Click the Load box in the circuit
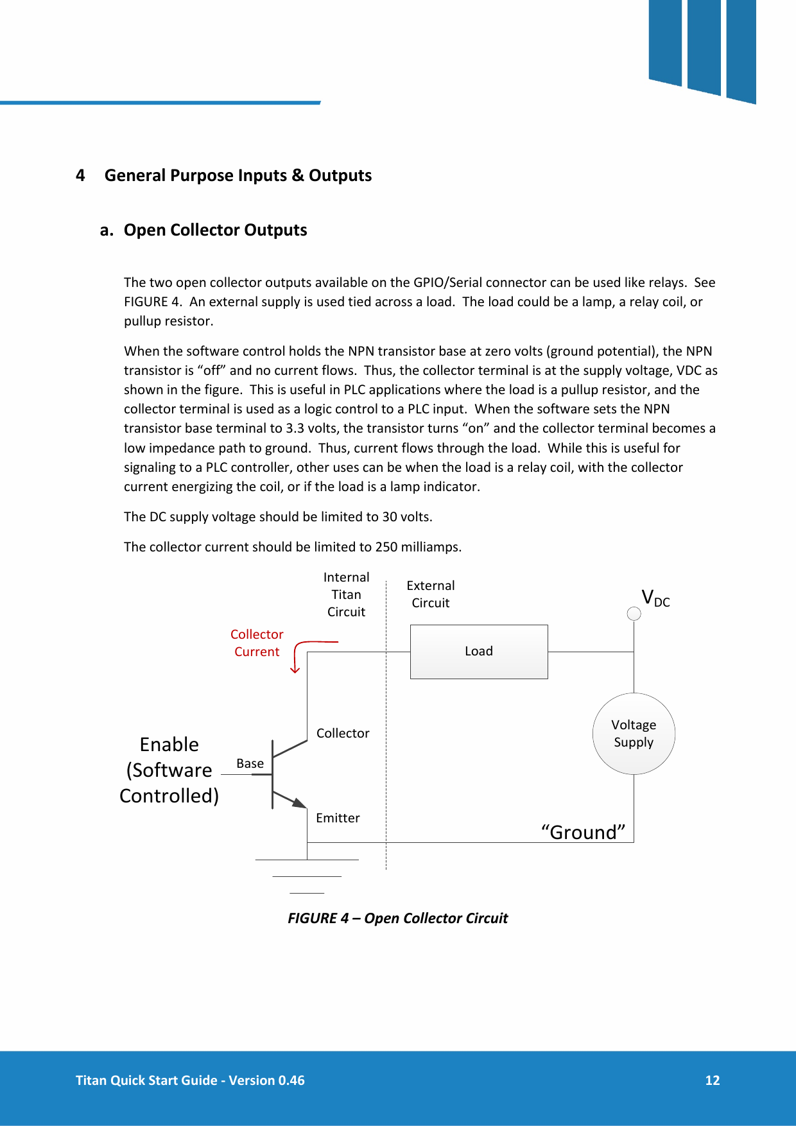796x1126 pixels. click(479, 652)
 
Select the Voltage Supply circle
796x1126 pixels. click(634, 734)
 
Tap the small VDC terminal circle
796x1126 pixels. click(634, 614)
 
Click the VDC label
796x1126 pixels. click(655, 598)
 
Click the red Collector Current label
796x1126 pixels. click(257, 643)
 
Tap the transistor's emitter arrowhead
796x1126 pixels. click(300, 802)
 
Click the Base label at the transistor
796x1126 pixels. click(250, 763)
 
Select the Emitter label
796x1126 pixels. click(338, 818)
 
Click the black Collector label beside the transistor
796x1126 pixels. click(343, 733)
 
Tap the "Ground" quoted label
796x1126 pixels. click(583, 832)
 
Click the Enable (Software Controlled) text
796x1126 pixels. click(169, 770)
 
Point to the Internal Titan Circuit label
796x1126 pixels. click(346, 594)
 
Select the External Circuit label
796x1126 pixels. click(431, 594)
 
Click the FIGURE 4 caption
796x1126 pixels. click(397, 918)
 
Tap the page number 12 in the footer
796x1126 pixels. click(712, 1080)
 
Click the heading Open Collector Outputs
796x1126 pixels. click(215, 230)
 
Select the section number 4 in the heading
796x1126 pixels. click(80, 175)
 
